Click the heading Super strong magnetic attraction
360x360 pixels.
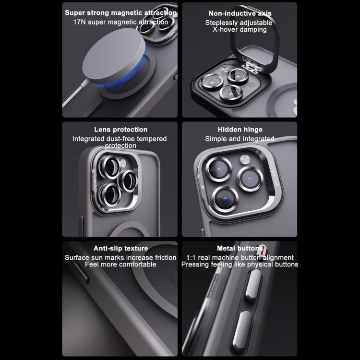(x=120, y=13)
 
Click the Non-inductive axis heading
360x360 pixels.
(x=240, y=13)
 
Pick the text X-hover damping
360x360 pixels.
(x=240, y=30)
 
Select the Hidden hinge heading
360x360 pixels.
(x=240, y=130)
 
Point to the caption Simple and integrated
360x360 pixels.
(x=240, y=139)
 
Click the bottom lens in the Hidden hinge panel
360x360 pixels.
(x=227, y=197)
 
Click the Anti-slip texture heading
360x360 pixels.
(x=120, y=248)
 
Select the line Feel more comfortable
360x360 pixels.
(x=120, y=264)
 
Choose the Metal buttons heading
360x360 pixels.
(x=240, y=248)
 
